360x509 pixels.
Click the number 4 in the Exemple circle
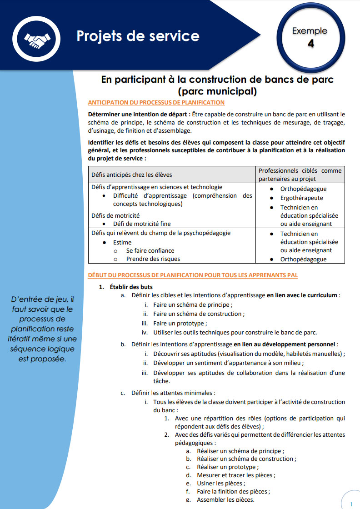click(x=311, y=44)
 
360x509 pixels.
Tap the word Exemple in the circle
click(x=310, y=31)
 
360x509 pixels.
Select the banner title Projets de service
click(x=138, y=36)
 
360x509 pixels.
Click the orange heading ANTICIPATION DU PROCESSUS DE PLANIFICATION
click(x=156, y=103)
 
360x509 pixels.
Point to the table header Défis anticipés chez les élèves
click(x=132, y=175)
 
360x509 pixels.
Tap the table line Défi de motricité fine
click(x=142, y=224)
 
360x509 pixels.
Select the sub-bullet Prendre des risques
click(x=153, y=259)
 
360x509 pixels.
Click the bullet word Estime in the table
click(x=122, y=242)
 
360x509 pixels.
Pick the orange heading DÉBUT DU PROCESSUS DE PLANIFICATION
click(x=193, y=275)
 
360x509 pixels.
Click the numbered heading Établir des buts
click(x=131, y=287)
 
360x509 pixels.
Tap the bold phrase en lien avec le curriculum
click(x=302, y=295)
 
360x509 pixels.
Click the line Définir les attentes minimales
click(x=173, y=393)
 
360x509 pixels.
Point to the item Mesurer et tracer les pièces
click(x=236, y=475)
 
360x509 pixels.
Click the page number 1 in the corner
click(x=351, y=504)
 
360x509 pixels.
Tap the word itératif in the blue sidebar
click(x=21, y=339)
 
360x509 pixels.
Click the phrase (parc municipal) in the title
click(x=217, y=91)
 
